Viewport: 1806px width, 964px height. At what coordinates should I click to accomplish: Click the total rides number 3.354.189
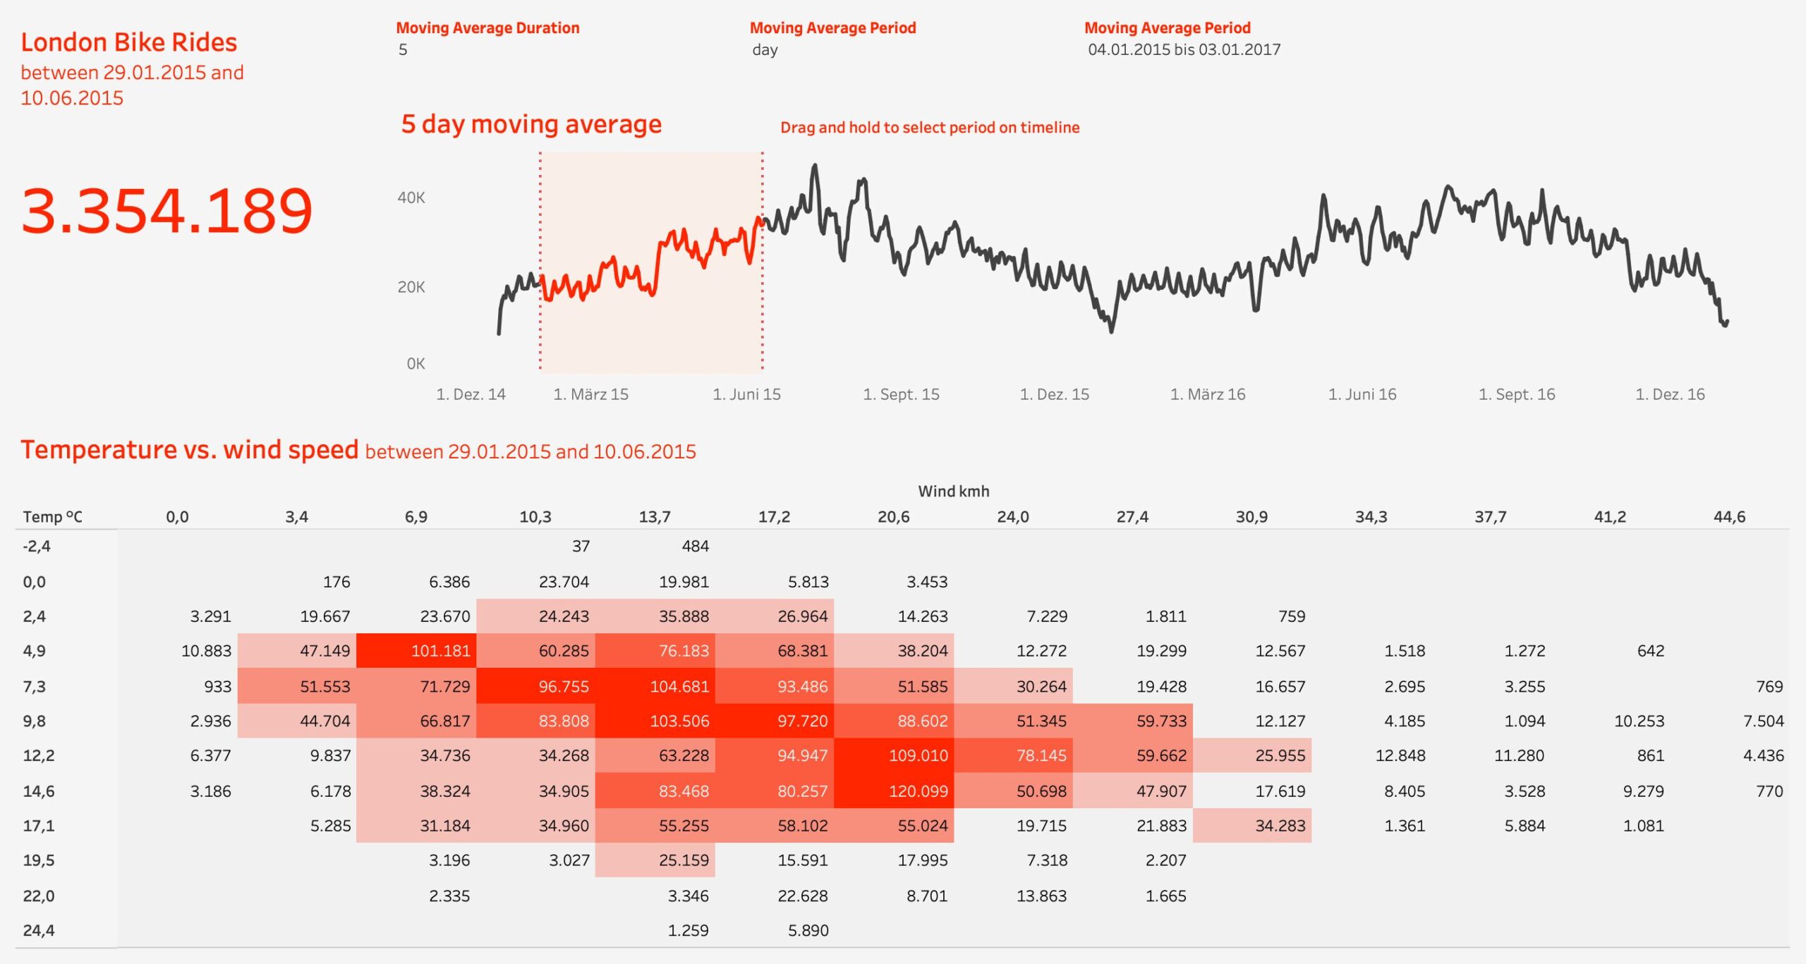166,211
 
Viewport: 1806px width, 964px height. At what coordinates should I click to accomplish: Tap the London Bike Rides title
128,42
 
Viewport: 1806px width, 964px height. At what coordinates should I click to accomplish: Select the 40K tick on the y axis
411,198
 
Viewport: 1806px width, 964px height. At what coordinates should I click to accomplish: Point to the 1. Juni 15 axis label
746,394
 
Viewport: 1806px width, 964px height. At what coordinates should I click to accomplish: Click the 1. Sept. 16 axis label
1516,394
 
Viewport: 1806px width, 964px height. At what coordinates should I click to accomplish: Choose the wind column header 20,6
893,517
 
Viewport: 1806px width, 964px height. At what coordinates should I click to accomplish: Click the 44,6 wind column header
1729,517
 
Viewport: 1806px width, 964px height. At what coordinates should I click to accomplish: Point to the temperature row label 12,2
39,756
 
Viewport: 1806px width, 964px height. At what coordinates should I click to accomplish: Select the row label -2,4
37,547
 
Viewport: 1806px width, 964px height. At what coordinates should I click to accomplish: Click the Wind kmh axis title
953,492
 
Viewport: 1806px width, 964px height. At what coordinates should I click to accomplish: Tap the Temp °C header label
52,517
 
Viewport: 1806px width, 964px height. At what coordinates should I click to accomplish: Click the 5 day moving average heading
531,124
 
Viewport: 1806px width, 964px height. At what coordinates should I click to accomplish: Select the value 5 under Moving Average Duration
403,50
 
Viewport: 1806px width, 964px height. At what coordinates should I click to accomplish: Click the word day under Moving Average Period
765,50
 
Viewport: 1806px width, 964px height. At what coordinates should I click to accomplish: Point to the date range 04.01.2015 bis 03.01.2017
1184,50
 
